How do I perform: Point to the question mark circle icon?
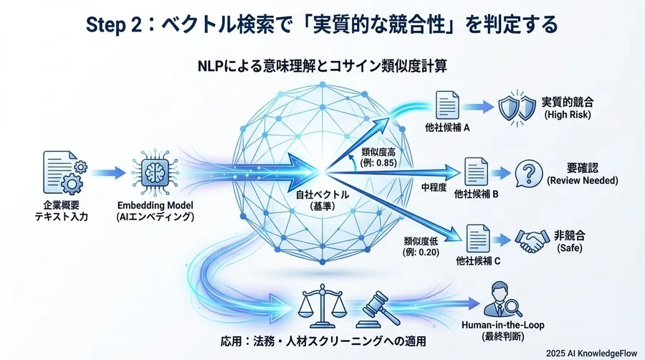(x=529, y=174)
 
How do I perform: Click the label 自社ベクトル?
(x=315, y=194)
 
